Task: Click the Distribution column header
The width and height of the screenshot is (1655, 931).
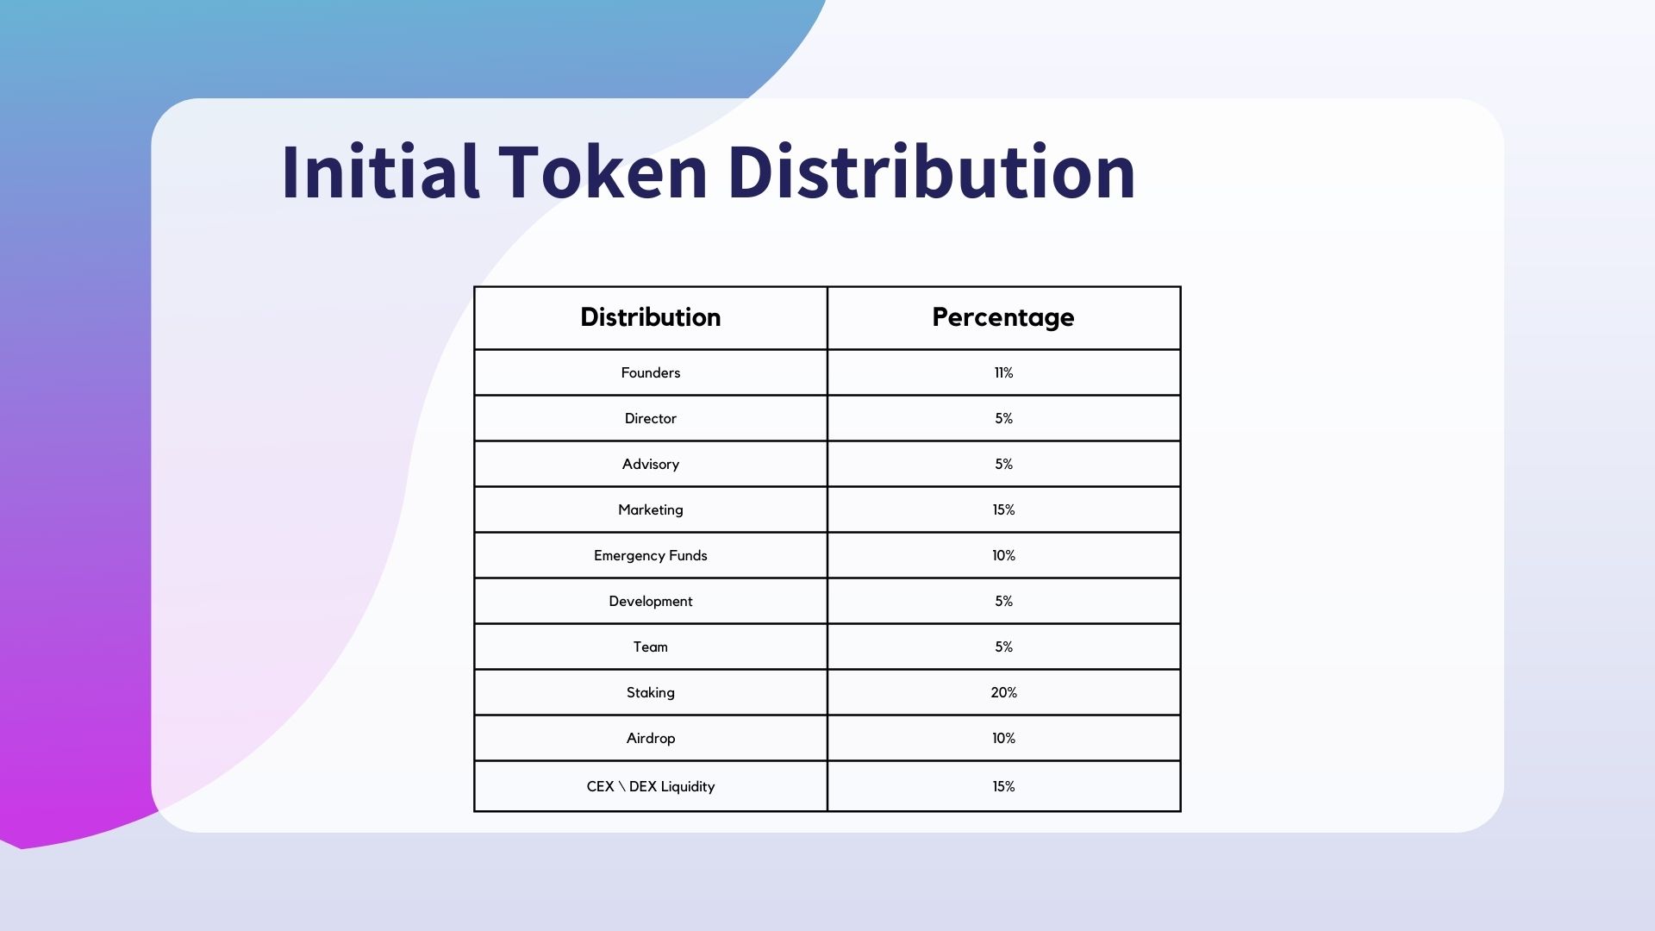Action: point(651,317)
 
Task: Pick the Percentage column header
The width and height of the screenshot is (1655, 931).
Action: point(1003,318)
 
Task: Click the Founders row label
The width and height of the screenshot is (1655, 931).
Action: point(651,372)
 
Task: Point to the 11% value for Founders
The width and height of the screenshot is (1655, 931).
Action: point(1003,372)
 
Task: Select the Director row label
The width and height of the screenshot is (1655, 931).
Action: point(651,418)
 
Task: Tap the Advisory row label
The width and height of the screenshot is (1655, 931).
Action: point(651,465)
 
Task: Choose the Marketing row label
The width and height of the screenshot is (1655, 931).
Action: point(651,510)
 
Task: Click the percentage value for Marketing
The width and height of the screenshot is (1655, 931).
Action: point(1003,509)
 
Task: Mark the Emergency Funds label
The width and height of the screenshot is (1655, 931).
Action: point(651,556)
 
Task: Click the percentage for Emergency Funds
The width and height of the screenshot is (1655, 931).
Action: point(1003,555)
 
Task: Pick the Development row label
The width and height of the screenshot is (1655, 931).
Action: point(651,602)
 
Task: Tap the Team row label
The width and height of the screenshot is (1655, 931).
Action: point(651,647)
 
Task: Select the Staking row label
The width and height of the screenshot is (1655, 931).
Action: point(651,693)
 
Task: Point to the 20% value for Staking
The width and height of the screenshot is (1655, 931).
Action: point(1003,692)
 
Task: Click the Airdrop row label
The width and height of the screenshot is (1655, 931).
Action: point(651,739)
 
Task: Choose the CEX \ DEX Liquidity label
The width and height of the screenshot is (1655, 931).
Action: point(651,787)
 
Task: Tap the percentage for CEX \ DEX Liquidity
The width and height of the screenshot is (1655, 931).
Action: point(1003,786)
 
